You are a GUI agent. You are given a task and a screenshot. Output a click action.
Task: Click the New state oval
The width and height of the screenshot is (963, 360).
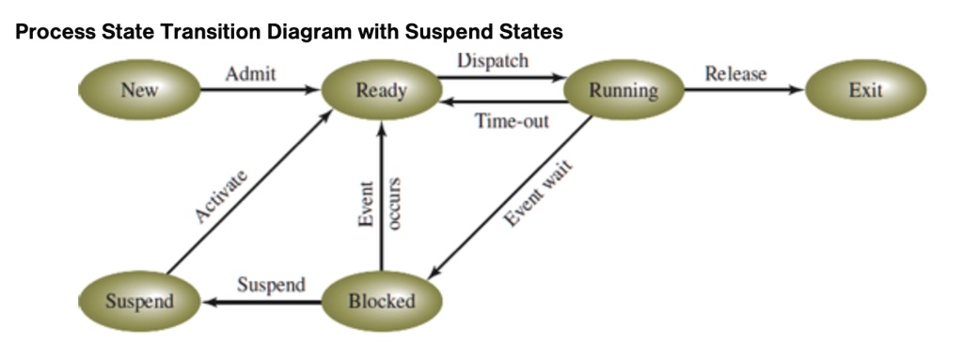(x=139, y=91)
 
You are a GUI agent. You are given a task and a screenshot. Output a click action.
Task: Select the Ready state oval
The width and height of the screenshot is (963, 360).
(x=381, y=91)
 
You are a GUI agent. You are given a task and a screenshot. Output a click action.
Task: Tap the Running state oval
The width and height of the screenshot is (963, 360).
(x=623, y=91)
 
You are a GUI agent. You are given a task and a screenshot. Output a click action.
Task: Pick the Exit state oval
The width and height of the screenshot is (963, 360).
(x=865, y=91)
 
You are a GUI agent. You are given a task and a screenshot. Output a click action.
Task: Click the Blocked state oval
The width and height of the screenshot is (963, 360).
(x=381, y=302)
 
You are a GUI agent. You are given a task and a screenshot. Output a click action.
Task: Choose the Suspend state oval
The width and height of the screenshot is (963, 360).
(x=139, y=302)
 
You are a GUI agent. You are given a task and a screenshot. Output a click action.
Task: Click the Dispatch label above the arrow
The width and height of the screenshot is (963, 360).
(x=492, y=59)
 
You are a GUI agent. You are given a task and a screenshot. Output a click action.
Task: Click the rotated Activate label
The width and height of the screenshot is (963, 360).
(x=222, y=196)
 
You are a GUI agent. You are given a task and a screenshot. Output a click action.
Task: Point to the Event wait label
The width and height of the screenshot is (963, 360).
(x=539, y=193)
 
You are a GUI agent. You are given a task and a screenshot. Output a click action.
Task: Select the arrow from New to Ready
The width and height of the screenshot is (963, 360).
(x=260, y=91)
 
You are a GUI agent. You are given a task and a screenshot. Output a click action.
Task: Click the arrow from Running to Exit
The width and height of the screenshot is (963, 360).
(x=743, y=91)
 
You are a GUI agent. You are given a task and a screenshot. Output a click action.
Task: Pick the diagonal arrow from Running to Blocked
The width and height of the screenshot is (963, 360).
(x=508, y=196)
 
